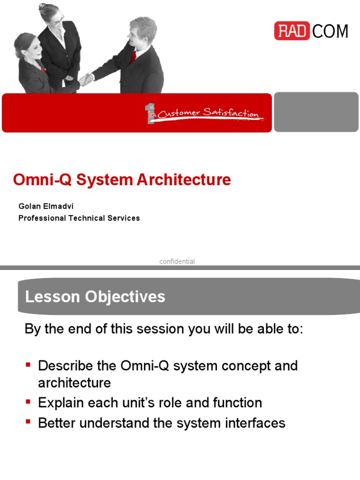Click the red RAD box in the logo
click(x=292, y=31)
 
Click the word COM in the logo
click(x=330, y=31)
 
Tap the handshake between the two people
click(x=86, y=79)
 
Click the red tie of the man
click(x=134, y=56)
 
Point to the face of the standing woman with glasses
click(x=55, y=16)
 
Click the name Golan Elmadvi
click(x=46, y=206)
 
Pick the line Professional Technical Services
click(x=79, y=218)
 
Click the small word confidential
click(x=177, y=262)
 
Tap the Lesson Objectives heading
click(x=95, y=297)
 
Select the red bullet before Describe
click(x=28, y=364)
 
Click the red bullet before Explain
click(x=28, y=401)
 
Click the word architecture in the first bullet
click(x=74, y=382)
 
